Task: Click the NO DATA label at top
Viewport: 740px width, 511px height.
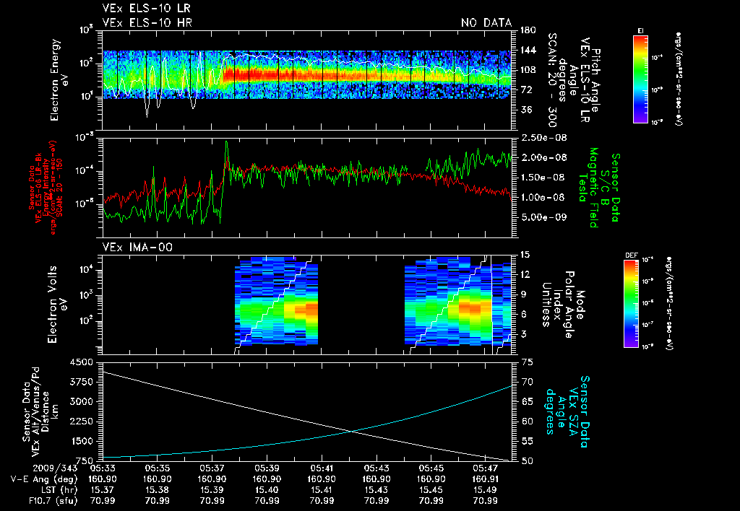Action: [x=486, y=23]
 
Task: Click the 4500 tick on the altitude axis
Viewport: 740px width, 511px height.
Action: [x=82, y=362]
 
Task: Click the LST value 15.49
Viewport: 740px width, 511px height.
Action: [x=486, y=489]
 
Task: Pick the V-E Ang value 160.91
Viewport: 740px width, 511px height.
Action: [x=486, y=479]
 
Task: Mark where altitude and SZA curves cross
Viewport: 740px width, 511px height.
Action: [x=352, y=432]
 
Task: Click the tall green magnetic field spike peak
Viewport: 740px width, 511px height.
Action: [x=226, y=142]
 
